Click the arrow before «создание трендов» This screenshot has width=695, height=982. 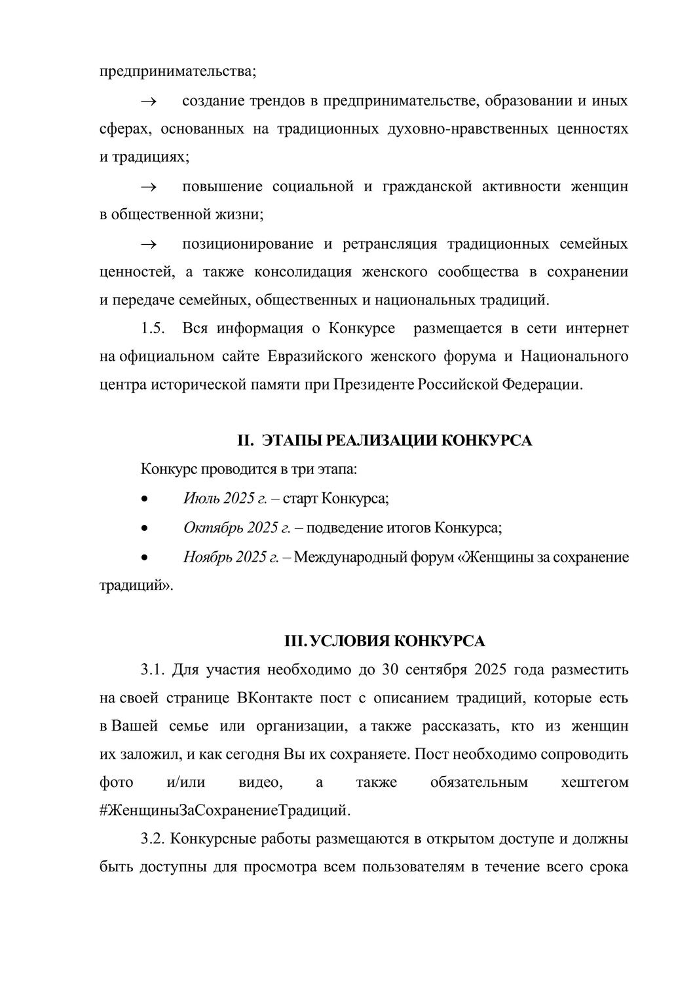tap(147, 101)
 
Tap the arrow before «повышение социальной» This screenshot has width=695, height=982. tap(147, 187)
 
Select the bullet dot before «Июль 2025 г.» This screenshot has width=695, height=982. tap(144, 500)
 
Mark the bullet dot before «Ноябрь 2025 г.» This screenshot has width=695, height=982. tap(144, 558)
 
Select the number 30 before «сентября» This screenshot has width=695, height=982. tap(388, 670)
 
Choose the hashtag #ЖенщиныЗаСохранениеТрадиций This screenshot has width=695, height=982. tap(225, 810)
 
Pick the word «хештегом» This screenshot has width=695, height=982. tap(595, 782)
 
